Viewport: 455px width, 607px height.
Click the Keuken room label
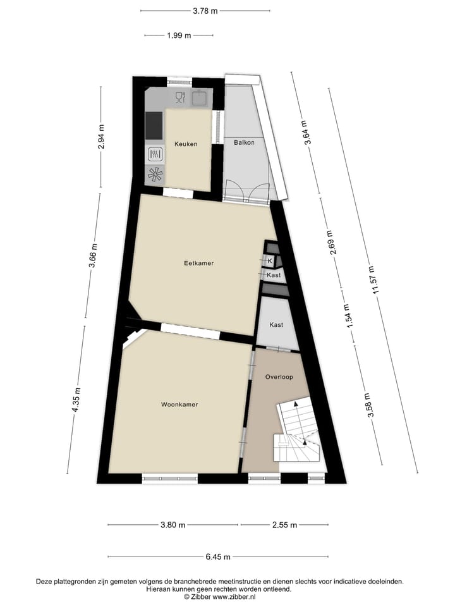(186, 144)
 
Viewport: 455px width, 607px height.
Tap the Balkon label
(243, 142)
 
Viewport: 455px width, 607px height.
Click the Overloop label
(279, 377)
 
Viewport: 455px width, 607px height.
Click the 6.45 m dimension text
(218, 557)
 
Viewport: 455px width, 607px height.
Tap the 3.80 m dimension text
(173, 525)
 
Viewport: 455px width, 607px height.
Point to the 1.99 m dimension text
(179, 35)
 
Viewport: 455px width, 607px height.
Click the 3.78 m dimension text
(205, 10)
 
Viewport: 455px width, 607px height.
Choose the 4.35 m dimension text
(76, 400)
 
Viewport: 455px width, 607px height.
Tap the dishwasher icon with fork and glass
(179, 97)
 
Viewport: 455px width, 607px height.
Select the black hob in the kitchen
(154, 125)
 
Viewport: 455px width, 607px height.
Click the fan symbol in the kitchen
(155, 175)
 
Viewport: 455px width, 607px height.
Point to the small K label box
(270, 261)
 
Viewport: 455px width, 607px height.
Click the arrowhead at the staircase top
(296, 404)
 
